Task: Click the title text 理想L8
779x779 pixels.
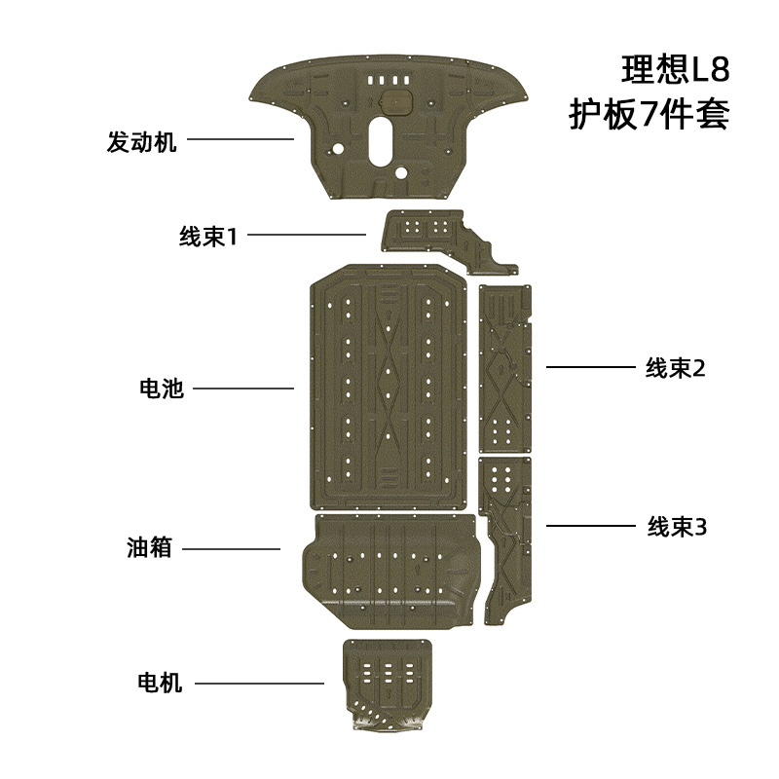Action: (x=675, y=71)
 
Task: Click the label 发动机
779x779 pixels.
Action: (x=142, y=142)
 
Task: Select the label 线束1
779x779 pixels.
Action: (x=208, y=237)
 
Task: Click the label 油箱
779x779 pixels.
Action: (x=149, y=548)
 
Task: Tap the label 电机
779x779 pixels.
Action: (x=161, y=684)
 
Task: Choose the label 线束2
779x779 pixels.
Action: (x=674, y=368)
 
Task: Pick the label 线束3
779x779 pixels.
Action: (x=676, y=527)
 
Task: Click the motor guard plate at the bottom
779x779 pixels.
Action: (x=388, y=682)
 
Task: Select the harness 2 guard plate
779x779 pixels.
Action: (x=504, y=370)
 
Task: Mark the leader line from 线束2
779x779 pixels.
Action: (x=589, y=367)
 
